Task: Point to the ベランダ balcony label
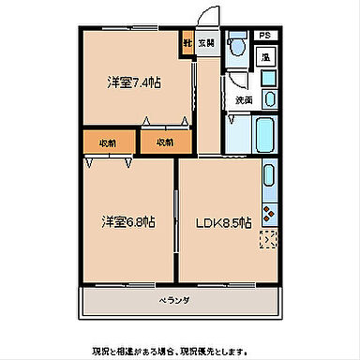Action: click(173, 300)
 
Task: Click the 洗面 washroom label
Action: click(244, 99)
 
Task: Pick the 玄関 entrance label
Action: click(205, 42)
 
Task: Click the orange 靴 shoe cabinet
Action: click(187, 42)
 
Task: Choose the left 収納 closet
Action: click(108, 142)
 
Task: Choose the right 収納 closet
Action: click(163, 142)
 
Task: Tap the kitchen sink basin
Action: click(269, 174)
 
